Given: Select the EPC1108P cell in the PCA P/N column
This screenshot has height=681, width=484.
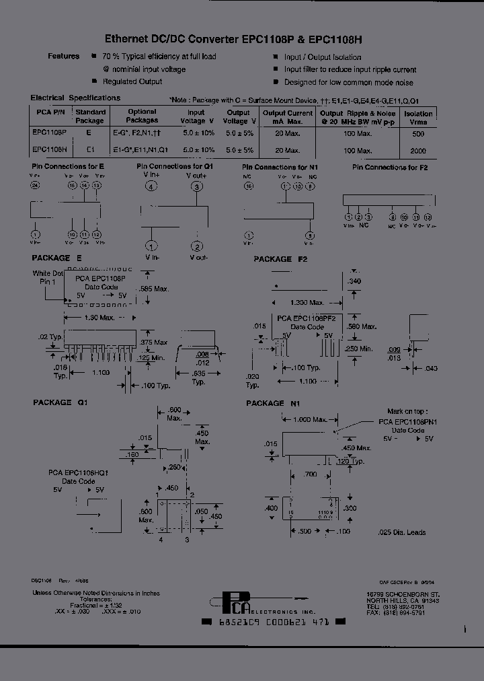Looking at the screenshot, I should click(49, 133).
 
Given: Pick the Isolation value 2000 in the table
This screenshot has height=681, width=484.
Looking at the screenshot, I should click(417, 151).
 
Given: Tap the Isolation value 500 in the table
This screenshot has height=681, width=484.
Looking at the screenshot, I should click(417, 133).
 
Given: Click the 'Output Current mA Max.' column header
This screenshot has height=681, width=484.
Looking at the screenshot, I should click(287, 117).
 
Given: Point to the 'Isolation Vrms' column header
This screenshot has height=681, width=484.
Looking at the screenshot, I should click(417, 118).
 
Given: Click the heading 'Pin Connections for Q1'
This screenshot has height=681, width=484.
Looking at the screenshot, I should click(175, 166).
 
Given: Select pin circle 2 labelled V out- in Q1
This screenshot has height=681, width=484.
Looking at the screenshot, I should click(197, 246).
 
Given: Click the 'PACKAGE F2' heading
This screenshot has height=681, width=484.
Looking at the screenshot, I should click(280, 259).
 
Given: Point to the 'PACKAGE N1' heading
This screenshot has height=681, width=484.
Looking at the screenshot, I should click(274, 403).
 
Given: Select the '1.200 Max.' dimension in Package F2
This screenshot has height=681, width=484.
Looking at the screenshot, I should click(307, 302).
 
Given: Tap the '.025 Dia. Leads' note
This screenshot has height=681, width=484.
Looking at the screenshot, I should click(403, 532).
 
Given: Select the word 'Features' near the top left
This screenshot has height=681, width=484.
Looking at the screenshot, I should click(64, 57).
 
